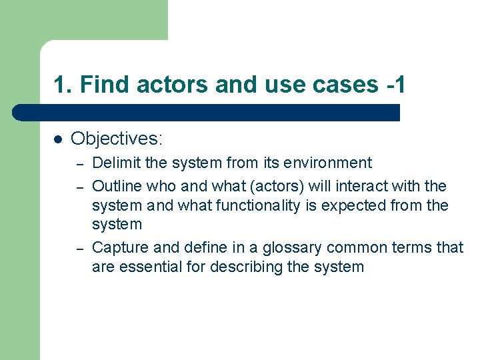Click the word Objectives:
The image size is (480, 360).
(x=117, y=139)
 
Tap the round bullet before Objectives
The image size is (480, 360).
(x=58, y=139)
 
